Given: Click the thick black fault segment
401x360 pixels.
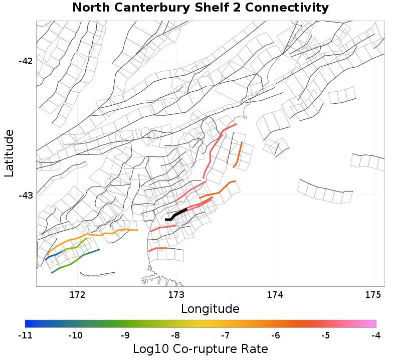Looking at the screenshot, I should (176, 214).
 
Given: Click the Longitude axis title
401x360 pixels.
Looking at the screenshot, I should (210, 308).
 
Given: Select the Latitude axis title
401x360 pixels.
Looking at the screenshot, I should (10, 153).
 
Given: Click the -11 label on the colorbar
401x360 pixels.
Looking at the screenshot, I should (25, 334).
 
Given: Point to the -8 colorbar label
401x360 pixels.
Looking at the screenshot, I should (175, 334).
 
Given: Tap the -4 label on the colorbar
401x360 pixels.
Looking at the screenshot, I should (376, 334).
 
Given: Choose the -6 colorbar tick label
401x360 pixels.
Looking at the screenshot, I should (276, 334).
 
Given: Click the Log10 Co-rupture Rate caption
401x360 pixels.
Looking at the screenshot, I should (200, 349).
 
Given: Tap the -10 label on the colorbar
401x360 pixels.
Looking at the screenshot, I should (75, 334).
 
